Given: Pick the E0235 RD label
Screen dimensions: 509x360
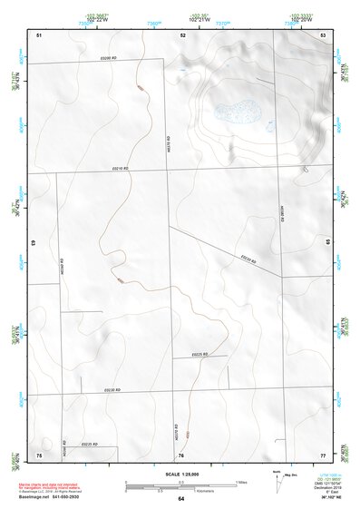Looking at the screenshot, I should [x=88, y=445].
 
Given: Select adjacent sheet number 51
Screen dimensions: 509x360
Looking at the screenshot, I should [x=39, y=34].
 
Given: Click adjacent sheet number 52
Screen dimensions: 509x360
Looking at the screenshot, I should [x=182, y=34].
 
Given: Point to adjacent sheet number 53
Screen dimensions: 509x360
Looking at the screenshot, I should [x=323, y=34].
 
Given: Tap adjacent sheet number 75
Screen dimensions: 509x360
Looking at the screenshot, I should [x=39, y=454].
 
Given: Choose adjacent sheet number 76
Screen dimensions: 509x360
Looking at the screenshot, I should [x=181, y=455].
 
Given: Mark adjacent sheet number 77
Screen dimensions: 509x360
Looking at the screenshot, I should [x=323, y=454].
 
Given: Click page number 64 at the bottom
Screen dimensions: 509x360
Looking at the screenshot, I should [x=181, y=499].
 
